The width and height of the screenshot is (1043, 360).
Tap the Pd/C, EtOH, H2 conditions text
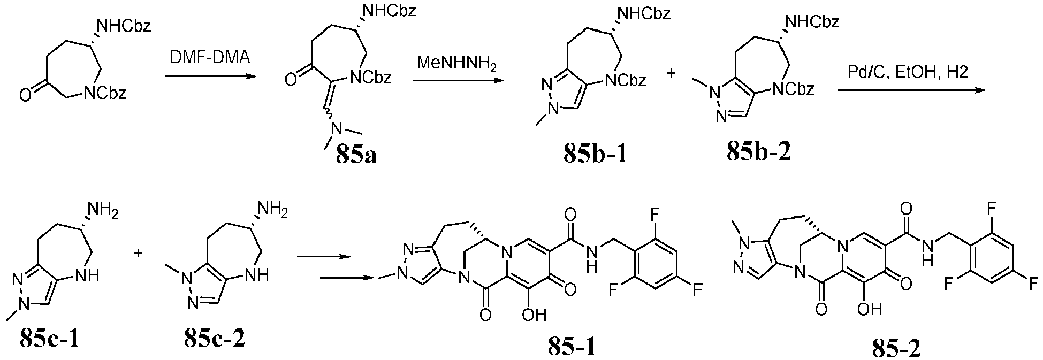click(908, 73)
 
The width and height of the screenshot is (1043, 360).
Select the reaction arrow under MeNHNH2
click(458, 80)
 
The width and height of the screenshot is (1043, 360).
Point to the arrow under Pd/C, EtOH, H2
click(911, 90)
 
